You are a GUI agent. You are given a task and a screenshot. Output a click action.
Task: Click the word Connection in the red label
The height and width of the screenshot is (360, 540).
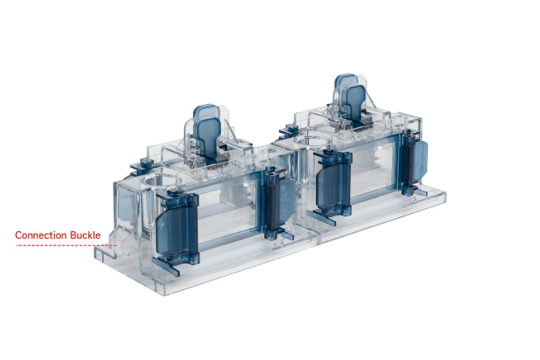41,235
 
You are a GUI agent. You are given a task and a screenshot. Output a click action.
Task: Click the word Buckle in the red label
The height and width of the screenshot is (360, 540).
85,235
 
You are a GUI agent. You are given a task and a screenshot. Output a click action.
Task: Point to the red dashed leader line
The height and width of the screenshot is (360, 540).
67,246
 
